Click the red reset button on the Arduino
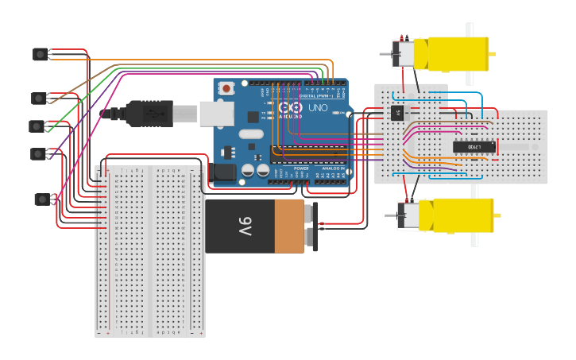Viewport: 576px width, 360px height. (x=227, y=88)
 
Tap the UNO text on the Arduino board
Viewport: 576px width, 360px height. (x=317, y=107)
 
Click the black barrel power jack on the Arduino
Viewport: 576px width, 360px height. (x=224, y=172)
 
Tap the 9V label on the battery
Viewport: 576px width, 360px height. (x=244, y=226)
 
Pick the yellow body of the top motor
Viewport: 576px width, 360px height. (x=457, y=53)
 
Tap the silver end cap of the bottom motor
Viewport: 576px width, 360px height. (x=407, y=216)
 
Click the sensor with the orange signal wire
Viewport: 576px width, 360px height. (x=41, y=54)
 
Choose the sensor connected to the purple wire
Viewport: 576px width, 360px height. (x=38, y=153)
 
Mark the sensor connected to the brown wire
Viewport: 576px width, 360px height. (x=39, y=98)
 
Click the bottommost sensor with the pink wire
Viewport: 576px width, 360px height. (x=42, y=199)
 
